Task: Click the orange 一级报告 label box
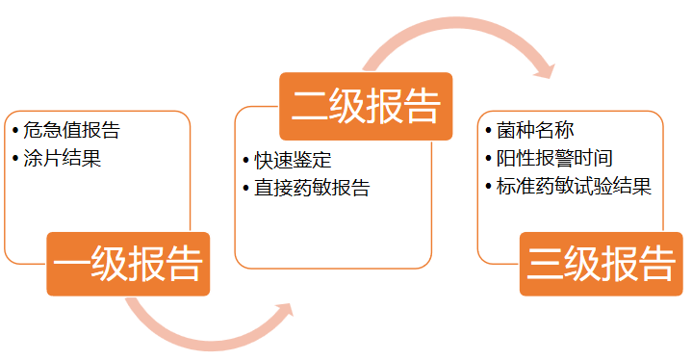click(128, 263)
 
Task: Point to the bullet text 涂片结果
click(63, 158)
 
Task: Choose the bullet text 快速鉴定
click(293, 160)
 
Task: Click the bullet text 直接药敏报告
click(312, 187)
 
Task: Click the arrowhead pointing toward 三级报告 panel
click(545, 67)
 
